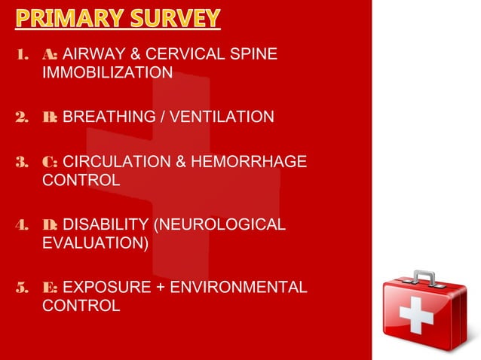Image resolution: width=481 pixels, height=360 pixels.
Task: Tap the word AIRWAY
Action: click(x=92, y=54)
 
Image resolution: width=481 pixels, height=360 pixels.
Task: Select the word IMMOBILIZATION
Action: click(x=108, y=73)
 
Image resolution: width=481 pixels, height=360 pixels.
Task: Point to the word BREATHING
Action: click(x=105, y=117)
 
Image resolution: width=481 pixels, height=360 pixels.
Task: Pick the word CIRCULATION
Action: click(x=113, y=161)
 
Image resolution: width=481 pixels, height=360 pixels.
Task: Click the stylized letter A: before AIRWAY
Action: click(x=51, y=54)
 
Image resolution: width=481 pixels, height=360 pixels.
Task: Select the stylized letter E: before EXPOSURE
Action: click(x=51, y=287)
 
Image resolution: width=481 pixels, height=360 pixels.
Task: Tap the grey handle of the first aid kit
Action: click(x=423, y=276)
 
